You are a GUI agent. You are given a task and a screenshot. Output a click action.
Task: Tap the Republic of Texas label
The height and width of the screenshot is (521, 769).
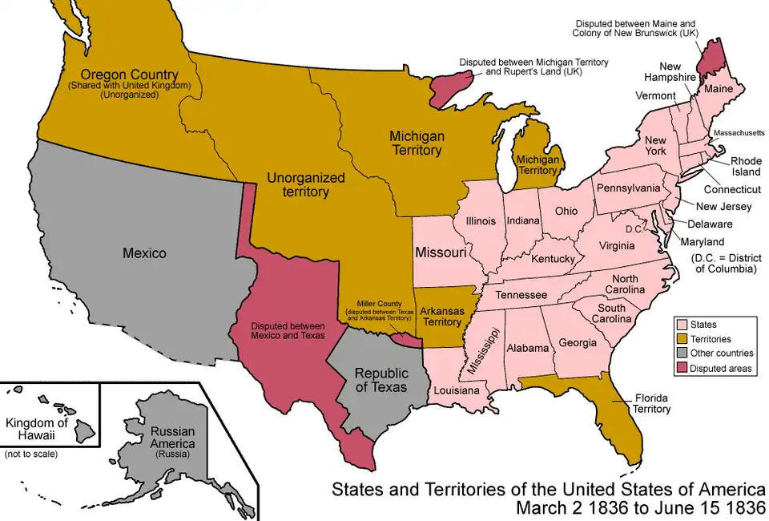(x=381, y=380)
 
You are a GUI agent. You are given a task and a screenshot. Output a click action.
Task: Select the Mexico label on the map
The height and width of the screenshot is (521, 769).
(x=144, y=253)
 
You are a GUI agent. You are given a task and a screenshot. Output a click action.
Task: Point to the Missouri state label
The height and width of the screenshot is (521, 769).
(x=441, y=252)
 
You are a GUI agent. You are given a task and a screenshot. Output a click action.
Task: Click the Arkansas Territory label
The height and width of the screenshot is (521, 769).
(x=441, y=316)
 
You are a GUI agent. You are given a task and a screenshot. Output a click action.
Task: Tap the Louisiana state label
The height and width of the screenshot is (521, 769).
(x=457, y=390)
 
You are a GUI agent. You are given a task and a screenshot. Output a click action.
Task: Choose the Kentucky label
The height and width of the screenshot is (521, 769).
(x=554, y=259)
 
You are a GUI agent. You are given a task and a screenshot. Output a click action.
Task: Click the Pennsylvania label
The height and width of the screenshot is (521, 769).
(x=627, y=189)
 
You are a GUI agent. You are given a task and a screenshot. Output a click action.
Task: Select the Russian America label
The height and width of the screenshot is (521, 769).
(x=173, y=437)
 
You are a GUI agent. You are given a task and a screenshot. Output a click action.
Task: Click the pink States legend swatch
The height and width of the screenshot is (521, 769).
(x=682, y=325)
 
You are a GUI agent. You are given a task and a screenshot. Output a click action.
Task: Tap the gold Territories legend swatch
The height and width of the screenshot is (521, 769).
(x=682, y=339)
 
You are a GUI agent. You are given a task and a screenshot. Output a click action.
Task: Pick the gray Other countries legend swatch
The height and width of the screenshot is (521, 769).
(x=682, y=353)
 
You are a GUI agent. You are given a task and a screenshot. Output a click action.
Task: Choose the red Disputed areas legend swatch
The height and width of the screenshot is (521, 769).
(x=682, y=368)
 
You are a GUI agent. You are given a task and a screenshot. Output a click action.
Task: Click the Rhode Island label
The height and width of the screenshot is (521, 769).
(x=744, y=166)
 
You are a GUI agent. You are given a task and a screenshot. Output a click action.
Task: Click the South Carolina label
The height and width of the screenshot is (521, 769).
(x=612, y=313)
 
